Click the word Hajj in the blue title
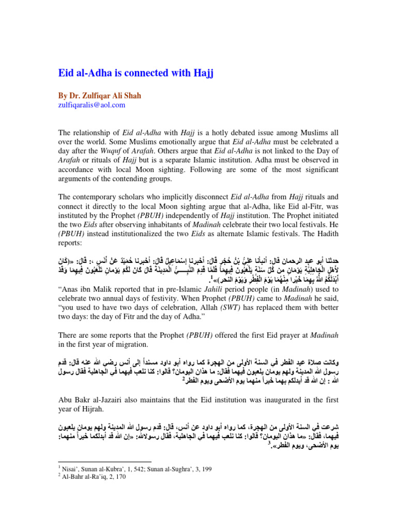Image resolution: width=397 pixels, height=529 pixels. [200, 73]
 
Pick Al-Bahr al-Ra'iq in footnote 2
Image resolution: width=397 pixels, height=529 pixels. [85, 478]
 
